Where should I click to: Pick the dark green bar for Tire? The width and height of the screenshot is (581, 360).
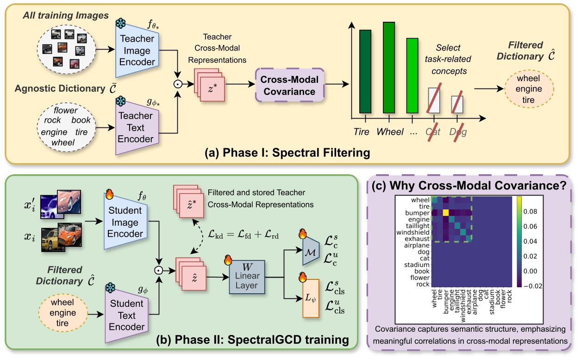click(x=365, y=72)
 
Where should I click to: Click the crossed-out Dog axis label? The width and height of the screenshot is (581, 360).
click(x=457, y=132)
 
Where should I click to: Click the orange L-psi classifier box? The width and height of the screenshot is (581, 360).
click(x=311, y=298)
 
